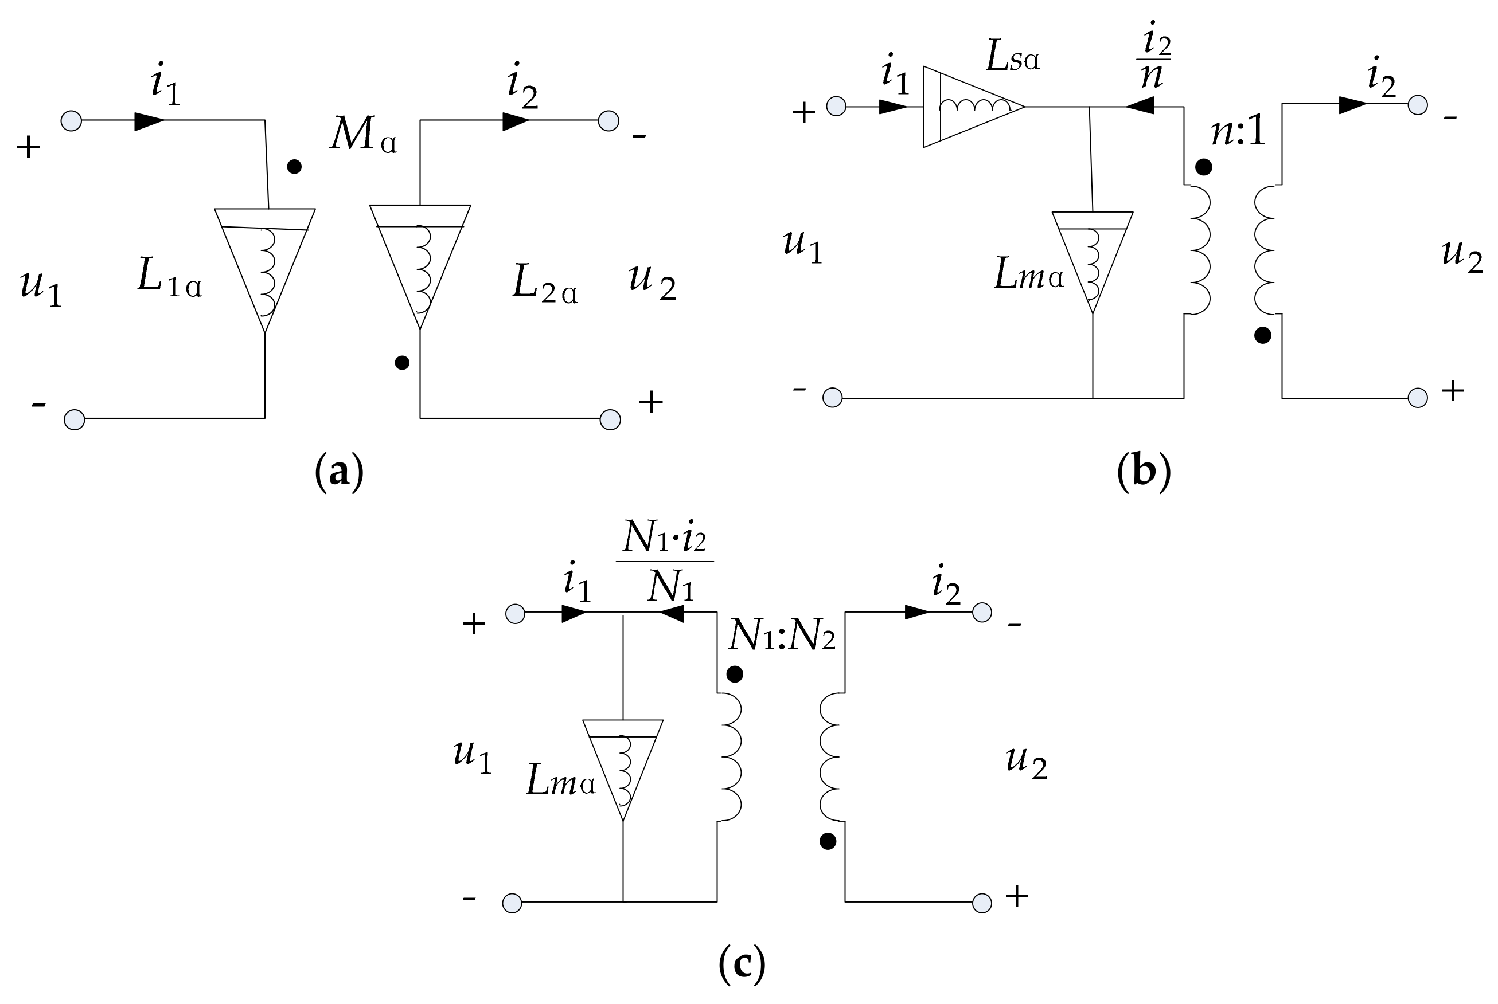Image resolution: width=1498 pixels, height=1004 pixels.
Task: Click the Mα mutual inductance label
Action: tap(362, 135)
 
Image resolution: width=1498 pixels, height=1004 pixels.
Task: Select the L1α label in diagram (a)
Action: tap(169, 280)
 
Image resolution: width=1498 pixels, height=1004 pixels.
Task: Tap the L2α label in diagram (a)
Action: tap(545, 284)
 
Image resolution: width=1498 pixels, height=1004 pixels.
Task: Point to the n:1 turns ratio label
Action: tap(1237, 133)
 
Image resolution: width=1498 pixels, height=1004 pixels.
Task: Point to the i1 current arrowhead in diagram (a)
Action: tap(149, 120)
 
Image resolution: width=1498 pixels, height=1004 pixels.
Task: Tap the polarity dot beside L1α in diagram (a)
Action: tap(294, 167)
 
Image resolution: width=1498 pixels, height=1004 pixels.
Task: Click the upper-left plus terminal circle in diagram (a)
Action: tap(71, 120)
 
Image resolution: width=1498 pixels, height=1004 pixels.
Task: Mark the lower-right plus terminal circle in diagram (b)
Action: tap(1417, 398)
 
